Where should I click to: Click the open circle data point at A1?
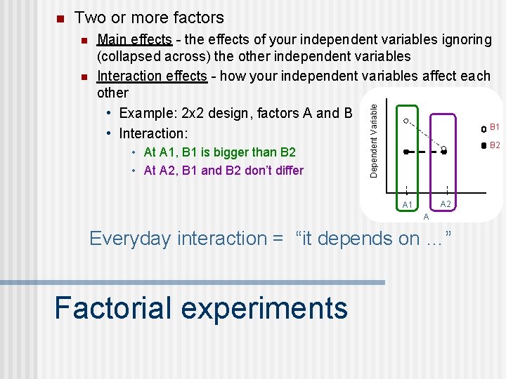(406, 121)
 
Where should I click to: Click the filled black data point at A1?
(406, 151)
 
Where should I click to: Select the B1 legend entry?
(490, 128)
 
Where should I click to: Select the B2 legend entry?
(490, 145)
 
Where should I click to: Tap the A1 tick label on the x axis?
(407, 205)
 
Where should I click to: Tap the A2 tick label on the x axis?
(446, 204)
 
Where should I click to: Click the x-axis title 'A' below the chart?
(426, 217)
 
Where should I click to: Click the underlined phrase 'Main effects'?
(134, 39)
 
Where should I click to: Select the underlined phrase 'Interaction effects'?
(152, 75)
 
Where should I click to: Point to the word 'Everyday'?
(130, 239)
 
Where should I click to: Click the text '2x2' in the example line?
(190, 113)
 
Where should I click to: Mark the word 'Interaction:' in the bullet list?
(153, 133)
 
